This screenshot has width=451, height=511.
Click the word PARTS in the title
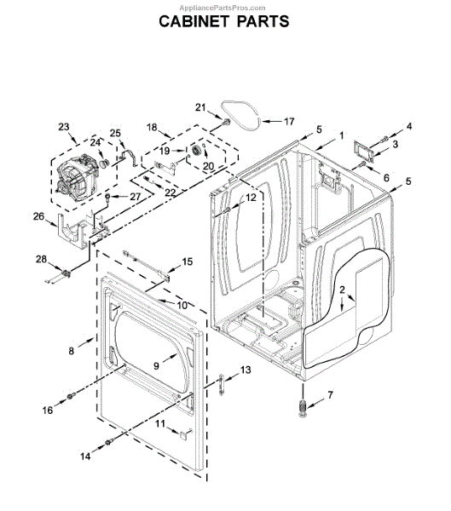tap(263, 21)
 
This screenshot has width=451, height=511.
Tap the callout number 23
tap(64, 127)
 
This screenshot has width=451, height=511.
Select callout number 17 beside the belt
tap(289, 122)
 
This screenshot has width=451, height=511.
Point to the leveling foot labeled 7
tap(304, 408)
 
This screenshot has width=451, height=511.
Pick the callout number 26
tap(38, 216)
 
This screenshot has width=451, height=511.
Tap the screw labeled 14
tap(108, 442)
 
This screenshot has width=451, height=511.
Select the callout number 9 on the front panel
tap(157, 366)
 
